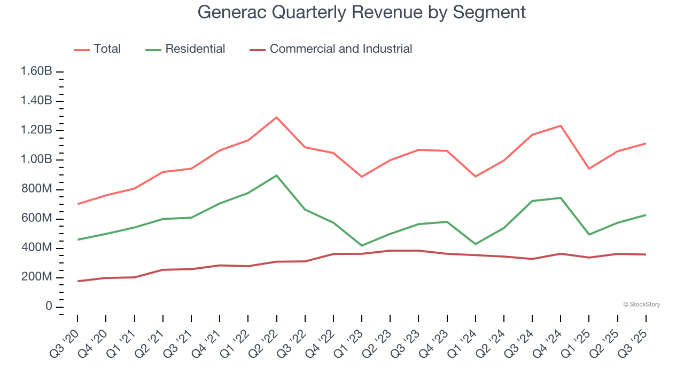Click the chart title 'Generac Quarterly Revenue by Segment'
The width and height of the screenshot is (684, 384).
(361, 12)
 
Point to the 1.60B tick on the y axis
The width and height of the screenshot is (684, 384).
(36, 71)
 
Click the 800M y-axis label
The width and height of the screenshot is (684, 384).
(36, 189)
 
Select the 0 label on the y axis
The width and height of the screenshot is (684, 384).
(49, 307)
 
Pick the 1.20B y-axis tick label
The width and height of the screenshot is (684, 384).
(36, 131)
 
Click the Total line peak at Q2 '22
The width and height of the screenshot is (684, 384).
(276, 117)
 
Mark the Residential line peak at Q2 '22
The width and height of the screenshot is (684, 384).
(276, 175)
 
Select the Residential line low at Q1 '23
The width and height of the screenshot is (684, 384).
(362, 246)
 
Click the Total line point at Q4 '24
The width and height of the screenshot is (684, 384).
(561, 126)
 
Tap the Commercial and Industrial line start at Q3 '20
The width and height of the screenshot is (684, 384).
(77, 281)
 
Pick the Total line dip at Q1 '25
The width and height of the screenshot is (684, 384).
(589, 169)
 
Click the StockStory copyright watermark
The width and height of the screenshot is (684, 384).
(641, 305)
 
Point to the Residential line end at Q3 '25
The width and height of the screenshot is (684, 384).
(646, 215)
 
